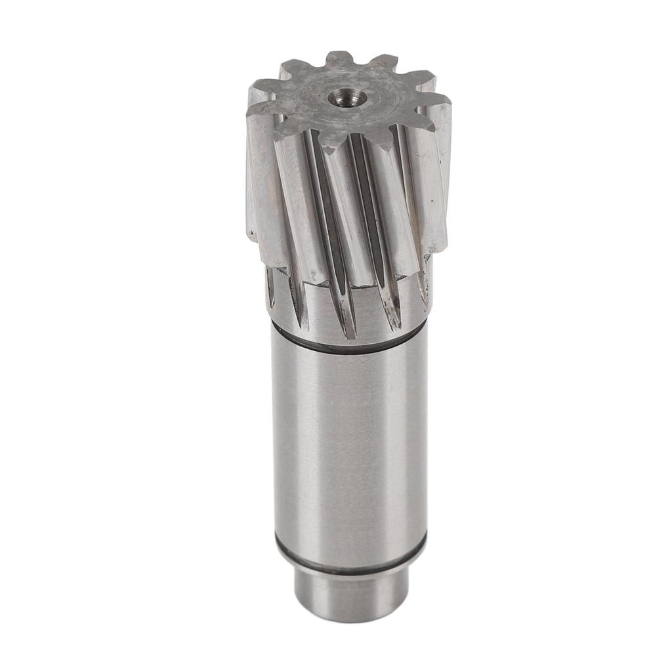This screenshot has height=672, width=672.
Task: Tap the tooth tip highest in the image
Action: [339, 57]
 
